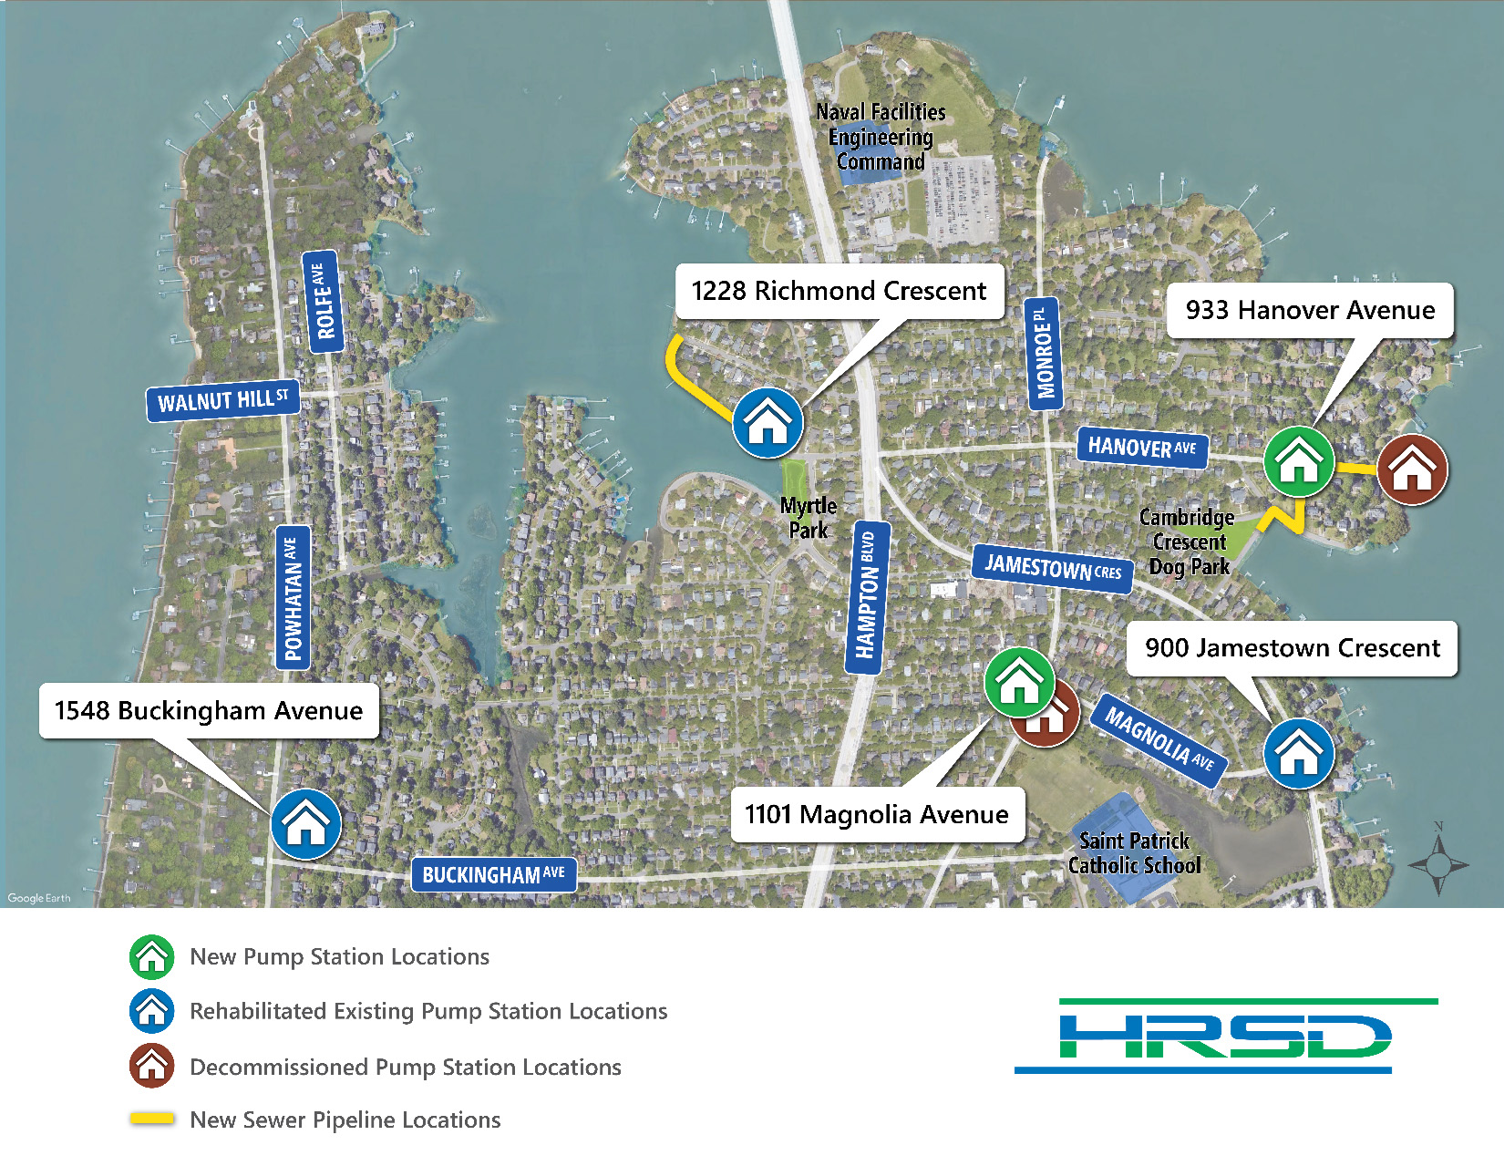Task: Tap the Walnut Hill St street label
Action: tap(223, 400)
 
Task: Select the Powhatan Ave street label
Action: tap(293, 598)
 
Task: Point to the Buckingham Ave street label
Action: tap(493, 874)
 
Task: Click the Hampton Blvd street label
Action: tap(867, 597)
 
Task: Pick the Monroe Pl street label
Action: tap(1043, 353)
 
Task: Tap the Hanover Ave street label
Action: tap(1141, 447)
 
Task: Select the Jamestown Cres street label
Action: tap(1053, 567)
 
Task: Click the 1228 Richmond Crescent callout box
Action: tap(839, 291)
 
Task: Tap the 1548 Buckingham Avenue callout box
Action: tap(209, 710)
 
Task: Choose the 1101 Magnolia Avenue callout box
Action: tap(877, 814)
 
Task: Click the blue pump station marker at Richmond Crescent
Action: tap(767, 423)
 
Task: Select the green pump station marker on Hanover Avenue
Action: tap(1299, 461)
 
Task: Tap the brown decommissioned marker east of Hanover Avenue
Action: tap(1412, 469)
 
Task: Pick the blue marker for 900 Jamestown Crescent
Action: tap(1299, 754)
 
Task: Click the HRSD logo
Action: tap(1225, 1037)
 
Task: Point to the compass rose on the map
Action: tap(1438, 862)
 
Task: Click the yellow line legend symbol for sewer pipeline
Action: tap(152, 1119)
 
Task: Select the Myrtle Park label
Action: tap(808, 518)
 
